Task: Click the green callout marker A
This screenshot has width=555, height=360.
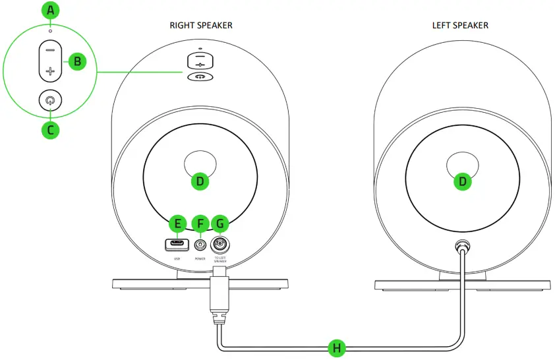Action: pyautogui.click(x=50, y=11)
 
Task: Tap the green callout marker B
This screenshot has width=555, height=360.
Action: pyautogui.click(x=77, y=62)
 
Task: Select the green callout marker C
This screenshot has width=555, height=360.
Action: pyautogui.click(x=50, y=129)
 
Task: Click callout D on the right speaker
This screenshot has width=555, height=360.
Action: pyautogui.click(x=200, y=181)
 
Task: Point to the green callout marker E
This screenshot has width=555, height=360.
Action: pyautogui.click(x=177, y=223)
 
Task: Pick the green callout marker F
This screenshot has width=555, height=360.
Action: pyautogui.click(x=200, y=223)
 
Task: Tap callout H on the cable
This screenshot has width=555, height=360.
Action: pyautogui.click(x=337, y=347)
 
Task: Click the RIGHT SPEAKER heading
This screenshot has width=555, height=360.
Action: pyautogui.click(x=201, y=26)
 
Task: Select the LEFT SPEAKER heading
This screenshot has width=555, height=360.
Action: pyautogui.click(x=461, y=26)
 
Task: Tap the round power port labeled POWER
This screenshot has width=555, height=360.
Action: pyautogui.click(x=200, y=246)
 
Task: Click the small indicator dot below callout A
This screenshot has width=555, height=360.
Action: pyautogui.click(x=50, y=31)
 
